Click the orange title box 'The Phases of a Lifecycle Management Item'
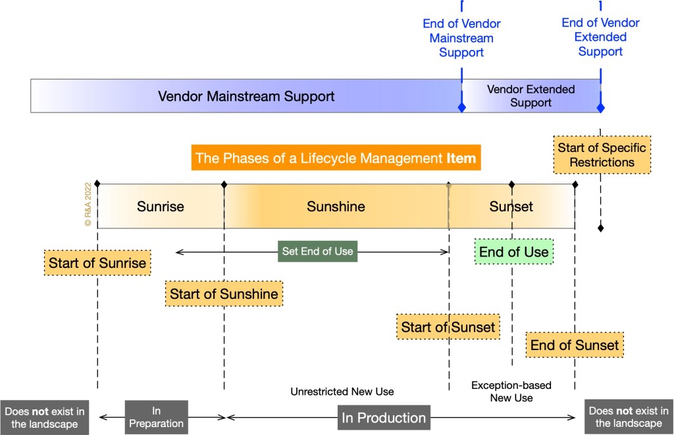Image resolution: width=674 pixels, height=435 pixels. pyautogui.click(x=334, y=159)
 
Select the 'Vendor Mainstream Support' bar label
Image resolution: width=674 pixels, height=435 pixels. pyautogui.click(x=246, y=96)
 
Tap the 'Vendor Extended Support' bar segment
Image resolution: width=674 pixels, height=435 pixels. pyautogui.click(x=531, y=96)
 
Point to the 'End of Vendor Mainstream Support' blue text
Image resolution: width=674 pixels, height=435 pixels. pyautogui.click(x=461, y=38)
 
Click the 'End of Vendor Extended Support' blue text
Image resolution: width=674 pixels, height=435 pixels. pyautogui.click(x=600, y=37)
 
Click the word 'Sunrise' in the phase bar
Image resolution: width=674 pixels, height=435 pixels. pyautogui.click(x=161, y=207)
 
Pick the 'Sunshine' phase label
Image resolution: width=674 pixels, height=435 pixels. pyautogui.click(x=336, y=207)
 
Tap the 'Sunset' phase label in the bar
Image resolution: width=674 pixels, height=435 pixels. pyautogui.click(x=511, y=207)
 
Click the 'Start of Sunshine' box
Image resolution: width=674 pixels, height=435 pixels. pyautogui.click(x=224, y=294)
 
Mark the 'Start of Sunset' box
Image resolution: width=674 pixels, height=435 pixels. pyautogui.click(x=448, y=326)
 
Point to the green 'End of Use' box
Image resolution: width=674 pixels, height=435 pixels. pyautogui.click(x=513, y=251)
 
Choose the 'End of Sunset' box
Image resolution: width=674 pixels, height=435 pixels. pyautogui.click(x=575, y=345)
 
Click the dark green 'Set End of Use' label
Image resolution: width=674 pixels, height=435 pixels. pyautogui.click(x=317, y=251)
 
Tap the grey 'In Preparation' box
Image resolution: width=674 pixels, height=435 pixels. pyautogui.click(x=156, y=417)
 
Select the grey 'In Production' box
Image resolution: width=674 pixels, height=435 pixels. pyautogui.click(x=383, y=417)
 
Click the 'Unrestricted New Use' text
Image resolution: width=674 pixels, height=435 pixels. pyautogui.click(x=342, y=392)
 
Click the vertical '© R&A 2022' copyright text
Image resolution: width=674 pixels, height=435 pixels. pyautogui.click(x=88, y=205)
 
